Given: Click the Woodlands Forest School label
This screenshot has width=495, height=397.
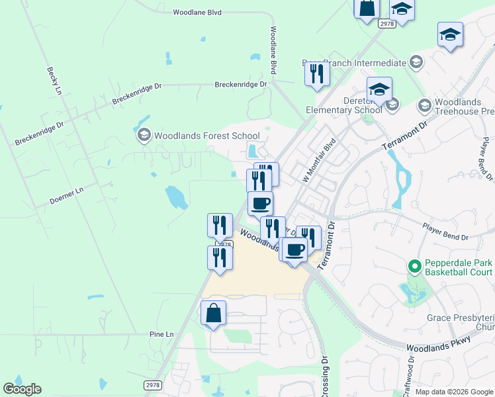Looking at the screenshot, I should point(198,136).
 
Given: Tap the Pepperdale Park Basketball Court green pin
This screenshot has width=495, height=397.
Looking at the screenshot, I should point(415,267).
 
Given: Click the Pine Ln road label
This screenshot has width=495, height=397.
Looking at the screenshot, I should point(161,334).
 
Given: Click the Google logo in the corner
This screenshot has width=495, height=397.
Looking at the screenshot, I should point(22,389).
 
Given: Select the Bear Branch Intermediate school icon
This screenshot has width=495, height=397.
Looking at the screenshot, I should point(416,63).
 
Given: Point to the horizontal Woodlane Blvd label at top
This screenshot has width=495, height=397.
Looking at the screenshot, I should point(197,12).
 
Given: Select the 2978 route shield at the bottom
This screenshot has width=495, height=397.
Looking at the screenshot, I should point(152,384).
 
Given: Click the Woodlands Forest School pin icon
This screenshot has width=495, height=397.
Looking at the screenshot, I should point(144,136).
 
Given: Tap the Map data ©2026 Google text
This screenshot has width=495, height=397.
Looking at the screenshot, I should point(454,391).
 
